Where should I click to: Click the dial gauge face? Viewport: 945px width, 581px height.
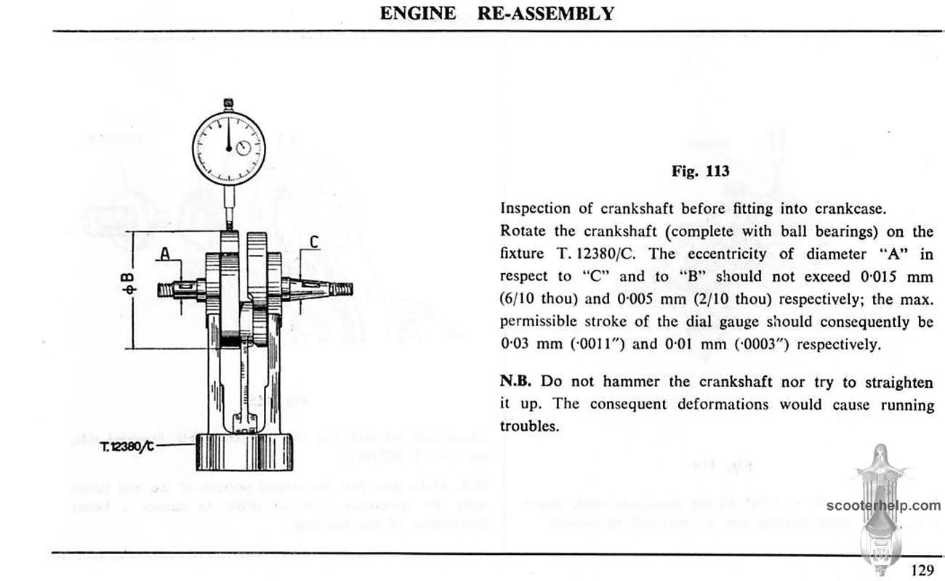point(228,147)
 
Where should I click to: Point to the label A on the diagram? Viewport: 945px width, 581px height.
point(165,253)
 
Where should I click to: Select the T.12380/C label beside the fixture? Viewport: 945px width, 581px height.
point(126,445)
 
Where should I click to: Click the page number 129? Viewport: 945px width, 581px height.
point(922,570)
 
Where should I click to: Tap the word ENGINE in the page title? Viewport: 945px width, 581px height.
point(418,13)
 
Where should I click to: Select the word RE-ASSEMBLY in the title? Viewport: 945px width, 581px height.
point(543,13)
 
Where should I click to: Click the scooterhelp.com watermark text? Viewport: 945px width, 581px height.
point(883,506)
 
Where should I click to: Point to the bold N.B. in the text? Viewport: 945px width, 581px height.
point(516,381)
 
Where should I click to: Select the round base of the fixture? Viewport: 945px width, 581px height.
point(244,452)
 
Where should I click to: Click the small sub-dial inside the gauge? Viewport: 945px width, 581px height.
point(243,149)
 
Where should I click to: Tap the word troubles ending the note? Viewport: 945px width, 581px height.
point(529,426)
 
